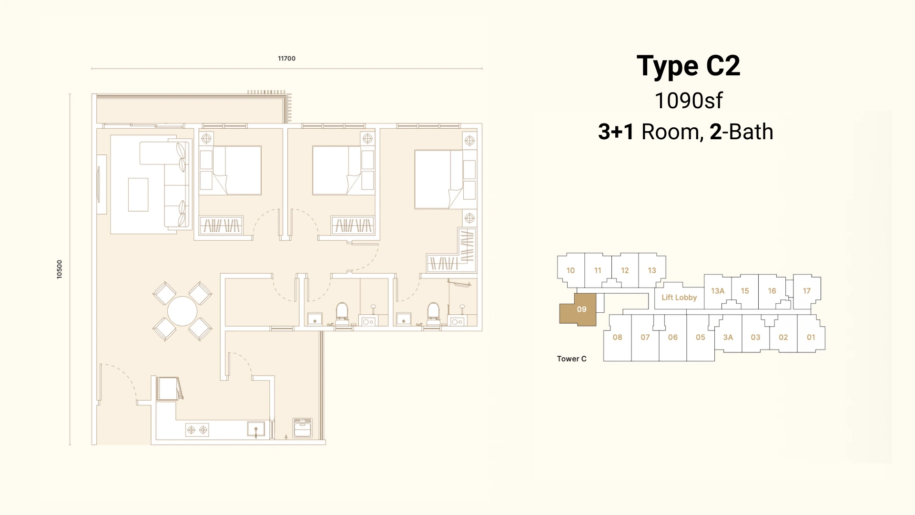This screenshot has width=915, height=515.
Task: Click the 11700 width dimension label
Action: click(x=286, y=59)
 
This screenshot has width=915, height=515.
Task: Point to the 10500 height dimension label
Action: click(x=60, y=269)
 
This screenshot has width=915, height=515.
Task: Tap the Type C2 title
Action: click(x=688, y=66)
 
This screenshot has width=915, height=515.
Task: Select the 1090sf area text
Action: click(x=688, y=101)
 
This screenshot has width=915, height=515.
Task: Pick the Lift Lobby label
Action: click(x=679, y=298)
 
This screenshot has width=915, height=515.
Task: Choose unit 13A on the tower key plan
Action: click(x=718, y=291)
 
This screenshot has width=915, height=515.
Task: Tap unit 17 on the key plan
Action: click(x=806, y=291)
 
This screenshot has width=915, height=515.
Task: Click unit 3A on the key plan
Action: click(x=728, y=337)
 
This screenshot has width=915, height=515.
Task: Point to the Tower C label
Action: click(x=571, y=359)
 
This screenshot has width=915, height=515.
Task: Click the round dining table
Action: click(x=182, y=311)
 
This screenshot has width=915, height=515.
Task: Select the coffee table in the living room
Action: click(x=138, y=195)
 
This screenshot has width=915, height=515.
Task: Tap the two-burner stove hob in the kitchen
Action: click(x=197, y=430)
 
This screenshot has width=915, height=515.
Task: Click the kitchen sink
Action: click(x=256, y=429)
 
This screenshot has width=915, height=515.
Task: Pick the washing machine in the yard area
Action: click(x=303, y=428)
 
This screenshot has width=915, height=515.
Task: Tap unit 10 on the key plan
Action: click(x=570, y=270)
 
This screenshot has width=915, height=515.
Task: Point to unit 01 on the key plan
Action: click(x=811, y=337)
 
